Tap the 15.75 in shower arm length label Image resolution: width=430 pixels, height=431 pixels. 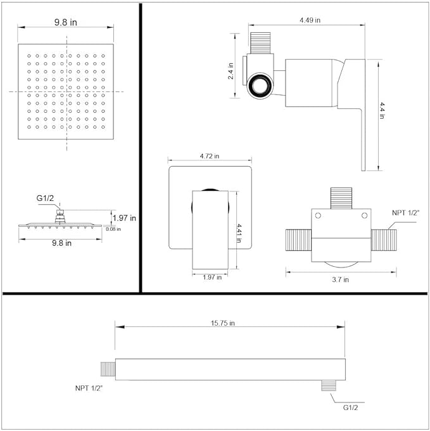click(222, 323)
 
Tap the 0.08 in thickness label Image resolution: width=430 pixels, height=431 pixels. click(113, 229)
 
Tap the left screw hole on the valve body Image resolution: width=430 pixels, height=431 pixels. click(318, 217)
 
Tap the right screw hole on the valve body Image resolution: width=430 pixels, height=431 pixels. click(364, 217)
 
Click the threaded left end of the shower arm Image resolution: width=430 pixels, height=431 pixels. click(108, 368)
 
